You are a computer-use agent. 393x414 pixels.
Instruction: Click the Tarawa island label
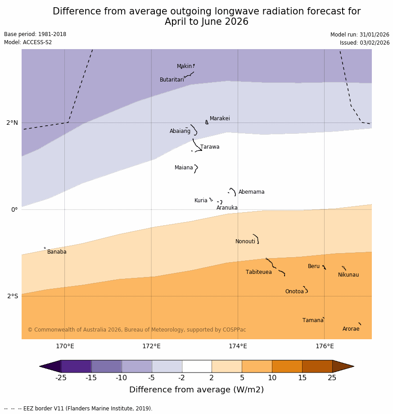[210, 147]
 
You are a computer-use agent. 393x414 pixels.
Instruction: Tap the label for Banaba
[57, 252]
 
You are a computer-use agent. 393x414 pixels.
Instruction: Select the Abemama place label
[251, 192]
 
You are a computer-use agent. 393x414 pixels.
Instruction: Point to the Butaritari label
[172, 80]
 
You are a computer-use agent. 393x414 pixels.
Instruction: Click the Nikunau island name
[348, 275]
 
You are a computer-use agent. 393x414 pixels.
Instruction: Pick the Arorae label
[351, 329]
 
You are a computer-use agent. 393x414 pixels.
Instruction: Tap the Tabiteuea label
[258, 272]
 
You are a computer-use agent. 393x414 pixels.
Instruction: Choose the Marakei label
[220, 118]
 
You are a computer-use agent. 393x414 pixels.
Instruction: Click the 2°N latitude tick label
[12, 123]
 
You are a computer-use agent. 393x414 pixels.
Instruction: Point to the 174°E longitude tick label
[238, 346]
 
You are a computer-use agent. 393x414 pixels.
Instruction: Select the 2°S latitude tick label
[13, 296]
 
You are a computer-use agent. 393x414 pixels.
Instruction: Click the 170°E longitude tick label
[65, 346]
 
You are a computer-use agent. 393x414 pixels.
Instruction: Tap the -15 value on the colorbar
[91, 378]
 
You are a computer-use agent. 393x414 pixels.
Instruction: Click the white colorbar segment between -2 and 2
[197, 366]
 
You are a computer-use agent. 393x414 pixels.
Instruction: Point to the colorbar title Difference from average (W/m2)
[196, 390]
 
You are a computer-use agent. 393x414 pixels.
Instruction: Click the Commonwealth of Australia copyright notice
[137, 330]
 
